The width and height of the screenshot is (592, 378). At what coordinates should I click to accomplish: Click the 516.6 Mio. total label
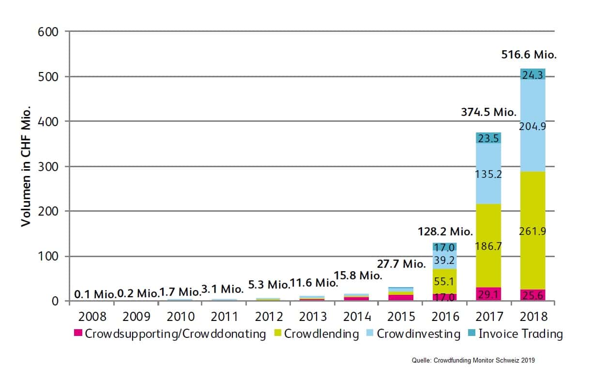click(x=529, y=55)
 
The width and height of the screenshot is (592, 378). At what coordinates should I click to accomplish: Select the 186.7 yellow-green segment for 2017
click(x=489, y=246)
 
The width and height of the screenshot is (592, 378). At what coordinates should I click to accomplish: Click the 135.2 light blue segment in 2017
click(x=489, y=174)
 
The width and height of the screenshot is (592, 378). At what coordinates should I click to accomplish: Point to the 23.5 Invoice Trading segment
click(x=489, y=138)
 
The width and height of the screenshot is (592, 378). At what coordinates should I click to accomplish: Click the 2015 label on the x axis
click(x=401, y=317)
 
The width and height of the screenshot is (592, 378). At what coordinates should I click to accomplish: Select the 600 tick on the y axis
click(x=47, y=32)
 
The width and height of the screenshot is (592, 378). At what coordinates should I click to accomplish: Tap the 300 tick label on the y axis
click(x=47, y=167)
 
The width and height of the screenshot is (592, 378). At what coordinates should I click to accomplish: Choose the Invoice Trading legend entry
click(x=520, y=334)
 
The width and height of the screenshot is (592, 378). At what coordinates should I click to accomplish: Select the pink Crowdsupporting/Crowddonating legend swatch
click(x=78, y=334)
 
